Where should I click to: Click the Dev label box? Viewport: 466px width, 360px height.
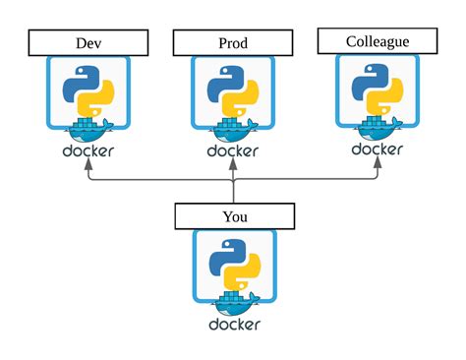click(x=88, y=43)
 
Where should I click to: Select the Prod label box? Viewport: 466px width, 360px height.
click(x=233, y=43)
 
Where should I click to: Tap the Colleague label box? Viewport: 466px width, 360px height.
click(x=378, y=41)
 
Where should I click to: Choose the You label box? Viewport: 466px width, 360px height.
click(x=233, y=216)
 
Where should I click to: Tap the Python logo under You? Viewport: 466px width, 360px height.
click(x=233, y=269)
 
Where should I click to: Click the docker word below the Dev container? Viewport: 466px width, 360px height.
click(x=88, y=152)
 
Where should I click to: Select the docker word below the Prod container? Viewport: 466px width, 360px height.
click(x=233, y=152)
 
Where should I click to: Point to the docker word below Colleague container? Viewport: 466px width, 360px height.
click(x=378, y=150)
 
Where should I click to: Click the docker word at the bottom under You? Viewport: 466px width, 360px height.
click(x=233, y=325)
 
